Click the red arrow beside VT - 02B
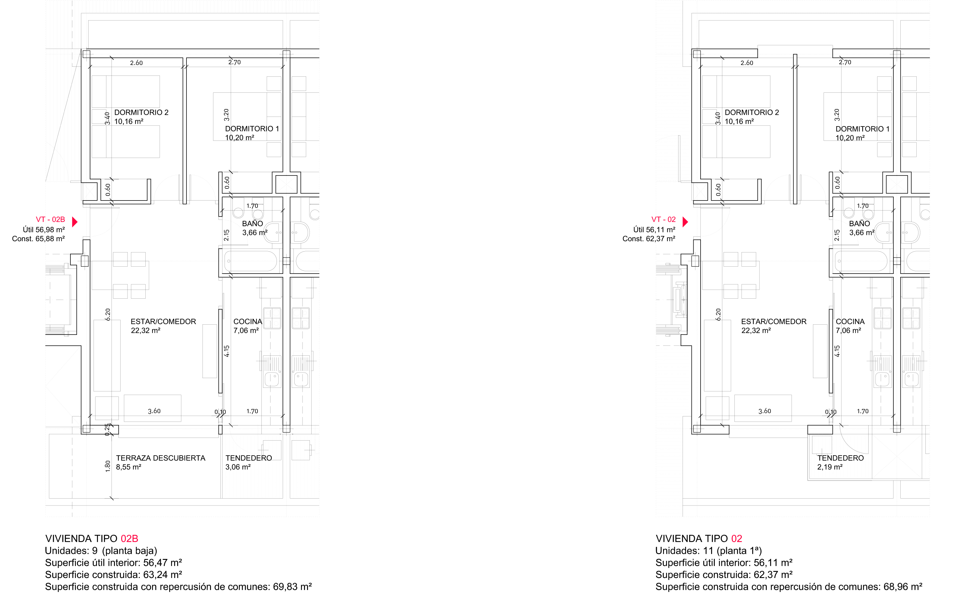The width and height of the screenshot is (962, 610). coord(75,222)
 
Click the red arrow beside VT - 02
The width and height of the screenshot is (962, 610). coord(685,222)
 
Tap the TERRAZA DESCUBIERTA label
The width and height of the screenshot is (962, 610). coord(160,458)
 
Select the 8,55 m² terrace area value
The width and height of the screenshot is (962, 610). coord(129,467)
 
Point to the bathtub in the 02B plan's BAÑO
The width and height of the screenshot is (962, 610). coord(251,262)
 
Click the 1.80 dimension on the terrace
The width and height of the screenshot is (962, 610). coord(108,466)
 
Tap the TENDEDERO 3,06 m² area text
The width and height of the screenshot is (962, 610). coord(238,467)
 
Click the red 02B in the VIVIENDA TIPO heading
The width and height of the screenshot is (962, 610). coord(129,538)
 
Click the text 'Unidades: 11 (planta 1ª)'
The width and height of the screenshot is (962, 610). coord(709,551)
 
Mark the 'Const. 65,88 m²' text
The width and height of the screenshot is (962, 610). coord(38,239)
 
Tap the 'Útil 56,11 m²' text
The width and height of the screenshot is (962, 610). coord(654,230)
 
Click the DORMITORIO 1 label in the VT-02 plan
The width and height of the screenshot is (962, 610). coord(863,129)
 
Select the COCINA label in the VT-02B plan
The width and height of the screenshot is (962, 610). coord(248,321)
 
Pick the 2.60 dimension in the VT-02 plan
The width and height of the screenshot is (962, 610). coord(747,63)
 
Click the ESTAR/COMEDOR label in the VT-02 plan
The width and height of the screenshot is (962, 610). coord(774,321)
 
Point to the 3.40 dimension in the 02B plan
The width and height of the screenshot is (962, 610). coord(107,118)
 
